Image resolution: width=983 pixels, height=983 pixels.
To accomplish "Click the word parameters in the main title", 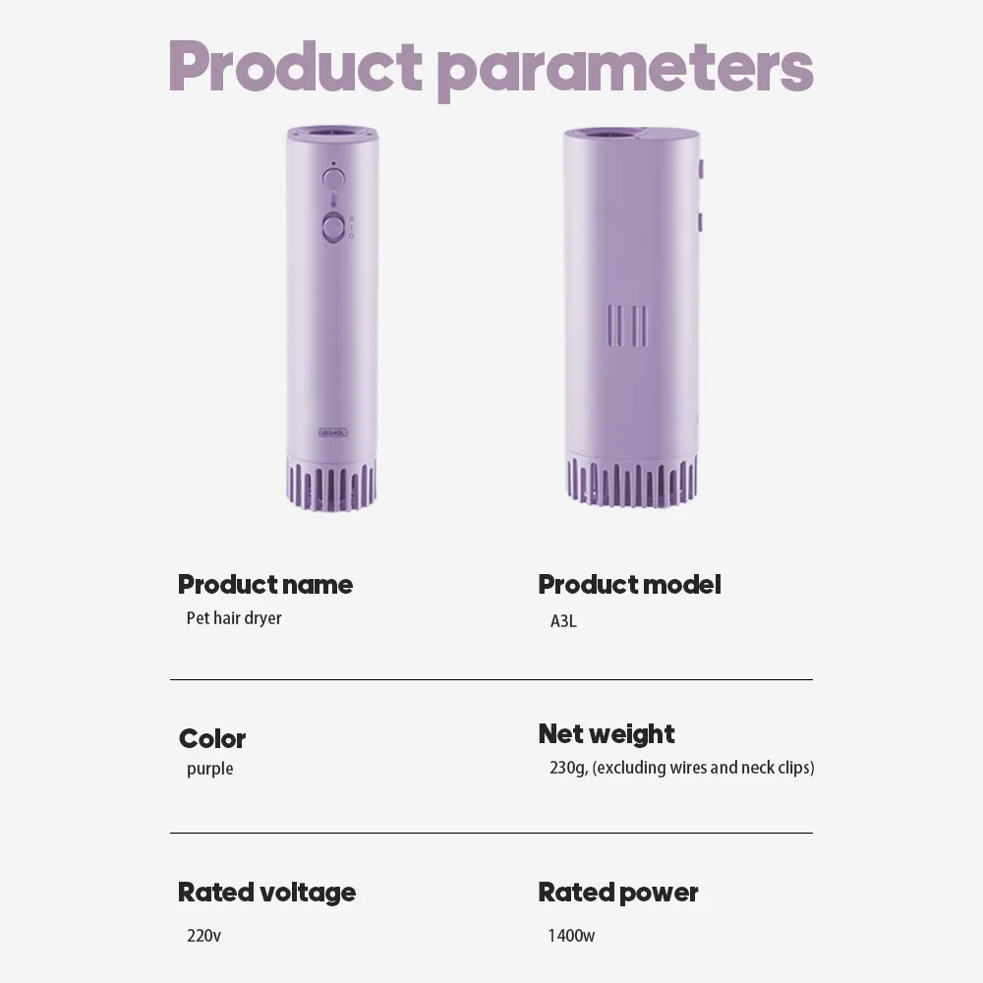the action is pos(625,72).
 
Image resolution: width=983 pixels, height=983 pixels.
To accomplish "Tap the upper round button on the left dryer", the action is pos(333,179).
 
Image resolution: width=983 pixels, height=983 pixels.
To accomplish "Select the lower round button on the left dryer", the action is pos(333,228).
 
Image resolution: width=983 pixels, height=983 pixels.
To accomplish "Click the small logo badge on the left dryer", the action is pos(333,433).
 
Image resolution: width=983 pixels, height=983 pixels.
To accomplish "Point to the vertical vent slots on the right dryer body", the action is pos(628,326).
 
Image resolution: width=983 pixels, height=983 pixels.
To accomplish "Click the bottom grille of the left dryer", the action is pos(331,484).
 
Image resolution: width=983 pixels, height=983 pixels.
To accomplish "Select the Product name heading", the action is pos(265,584).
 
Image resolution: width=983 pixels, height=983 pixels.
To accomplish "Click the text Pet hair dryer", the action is pos(234,618).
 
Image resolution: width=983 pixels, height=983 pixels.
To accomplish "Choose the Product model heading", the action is pos(629,584).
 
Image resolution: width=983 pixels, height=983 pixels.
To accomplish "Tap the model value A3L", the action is pos(563,621).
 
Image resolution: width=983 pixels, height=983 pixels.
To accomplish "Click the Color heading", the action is pos(212,738).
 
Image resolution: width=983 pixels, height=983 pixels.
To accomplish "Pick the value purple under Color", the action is pos(209,769).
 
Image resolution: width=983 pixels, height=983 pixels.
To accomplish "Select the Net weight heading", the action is pos(607,734).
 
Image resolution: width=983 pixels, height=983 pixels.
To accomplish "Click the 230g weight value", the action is pos(681,768).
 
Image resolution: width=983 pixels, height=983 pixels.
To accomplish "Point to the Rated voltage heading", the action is pos(266,893).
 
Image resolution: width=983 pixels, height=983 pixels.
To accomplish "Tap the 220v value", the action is pos(203,936).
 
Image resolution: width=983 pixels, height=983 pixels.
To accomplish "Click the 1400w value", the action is pos(571,936).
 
